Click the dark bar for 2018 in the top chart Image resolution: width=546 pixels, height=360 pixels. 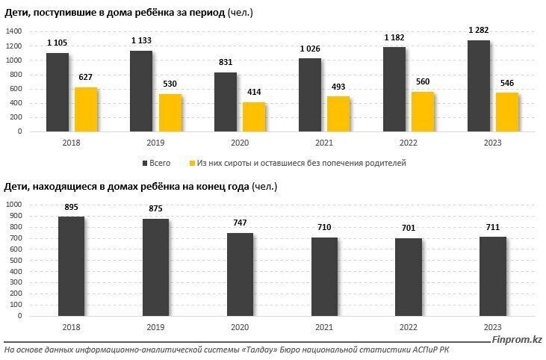(58, 92)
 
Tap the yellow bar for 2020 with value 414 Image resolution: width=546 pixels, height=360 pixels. (255, 117)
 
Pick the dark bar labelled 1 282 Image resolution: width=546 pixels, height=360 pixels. (478, 85)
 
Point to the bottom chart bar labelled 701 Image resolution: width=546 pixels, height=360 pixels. (409, 276)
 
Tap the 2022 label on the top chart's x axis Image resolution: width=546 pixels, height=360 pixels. (409, 143)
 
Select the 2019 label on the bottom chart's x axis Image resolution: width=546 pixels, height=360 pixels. (155, 327)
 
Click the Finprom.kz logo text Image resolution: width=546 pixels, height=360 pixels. (515, 342)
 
